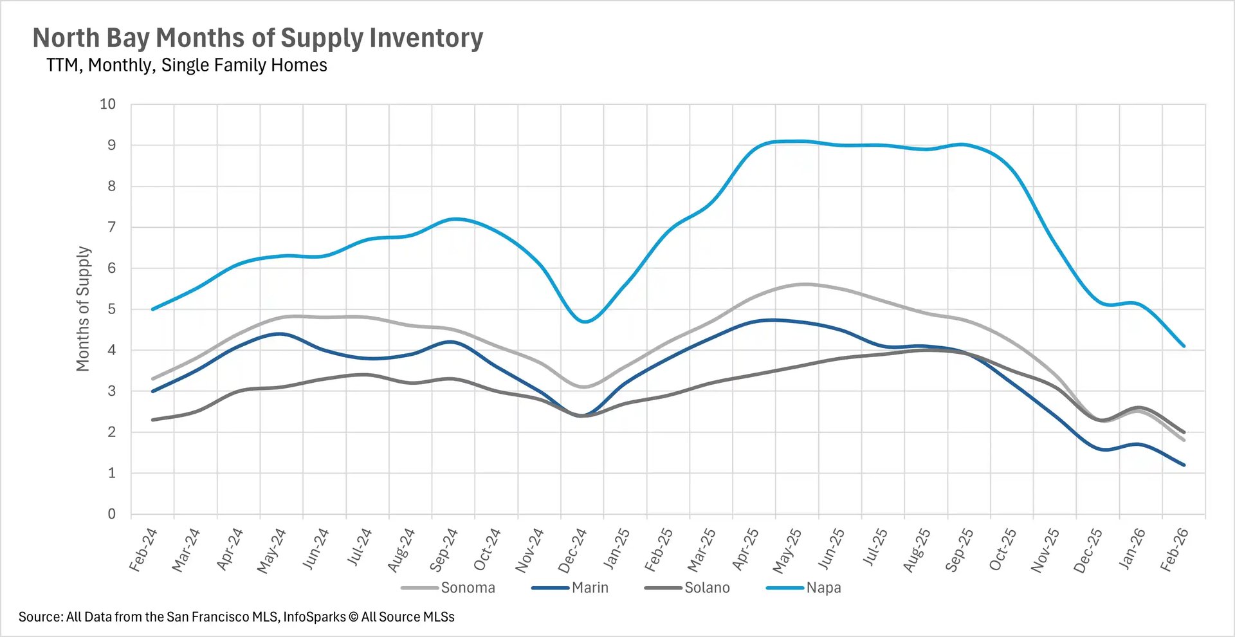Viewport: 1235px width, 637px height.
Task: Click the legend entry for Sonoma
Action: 467,587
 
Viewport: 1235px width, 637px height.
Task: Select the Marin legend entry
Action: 589,587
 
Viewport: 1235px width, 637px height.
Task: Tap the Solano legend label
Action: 706,587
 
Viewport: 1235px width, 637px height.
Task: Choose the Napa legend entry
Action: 823,587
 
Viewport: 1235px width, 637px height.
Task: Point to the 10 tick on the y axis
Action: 108,104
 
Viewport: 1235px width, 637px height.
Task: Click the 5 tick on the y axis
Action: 112,309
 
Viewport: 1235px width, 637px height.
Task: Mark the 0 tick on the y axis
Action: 112,514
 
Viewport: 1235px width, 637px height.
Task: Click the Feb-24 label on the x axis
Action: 143,550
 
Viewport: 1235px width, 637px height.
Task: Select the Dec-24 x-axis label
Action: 572,551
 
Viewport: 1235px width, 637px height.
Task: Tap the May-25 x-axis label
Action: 787,551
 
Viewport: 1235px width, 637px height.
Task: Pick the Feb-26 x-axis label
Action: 1174,550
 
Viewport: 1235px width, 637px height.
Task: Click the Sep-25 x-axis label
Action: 958,551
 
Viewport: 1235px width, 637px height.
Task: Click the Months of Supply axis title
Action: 83,309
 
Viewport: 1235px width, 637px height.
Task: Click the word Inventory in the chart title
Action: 426,38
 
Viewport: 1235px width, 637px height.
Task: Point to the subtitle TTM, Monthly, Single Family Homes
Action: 187,66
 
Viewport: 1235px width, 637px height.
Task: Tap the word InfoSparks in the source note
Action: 315,617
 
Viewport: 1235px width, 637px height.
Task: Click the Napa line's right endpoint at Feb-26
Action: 1184,346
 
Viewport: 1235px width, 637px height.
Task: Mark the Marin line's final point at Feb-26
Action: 1184,465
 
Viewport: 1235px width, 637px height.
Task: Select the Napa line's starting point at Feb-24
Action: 152,309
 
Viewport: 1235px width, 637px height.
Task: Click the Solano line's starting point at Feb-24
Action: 152,420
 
